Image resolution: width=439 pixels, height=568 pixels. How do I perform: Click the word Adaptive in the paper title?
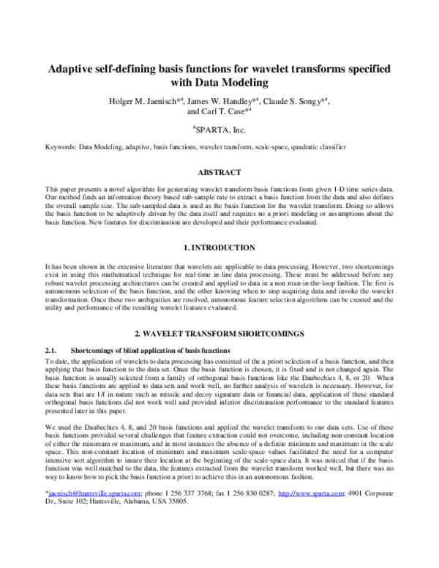(x=72, y=68)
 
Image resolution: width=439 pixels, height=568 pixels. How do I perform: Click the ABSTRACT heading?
(x=219, y=173)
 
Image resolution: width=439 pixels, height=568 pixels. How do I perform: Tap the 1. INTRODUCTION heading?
(x=219, y=247)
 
